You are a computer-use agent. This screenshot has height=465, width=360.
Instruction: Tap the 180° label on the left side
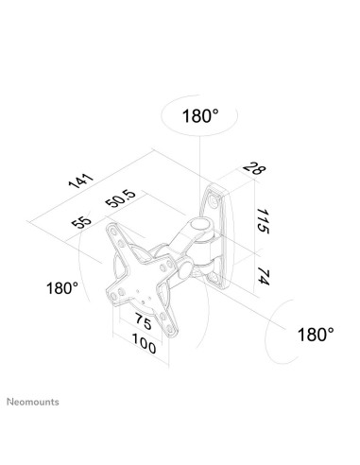61,287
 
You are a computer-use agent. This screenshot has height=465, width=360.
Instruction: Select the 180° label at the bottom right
315,334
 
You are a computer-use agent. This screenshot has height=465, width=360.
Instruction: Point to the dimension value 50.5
120,200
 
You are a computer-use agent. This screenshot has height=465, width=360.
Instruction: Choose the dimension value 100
144,345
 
